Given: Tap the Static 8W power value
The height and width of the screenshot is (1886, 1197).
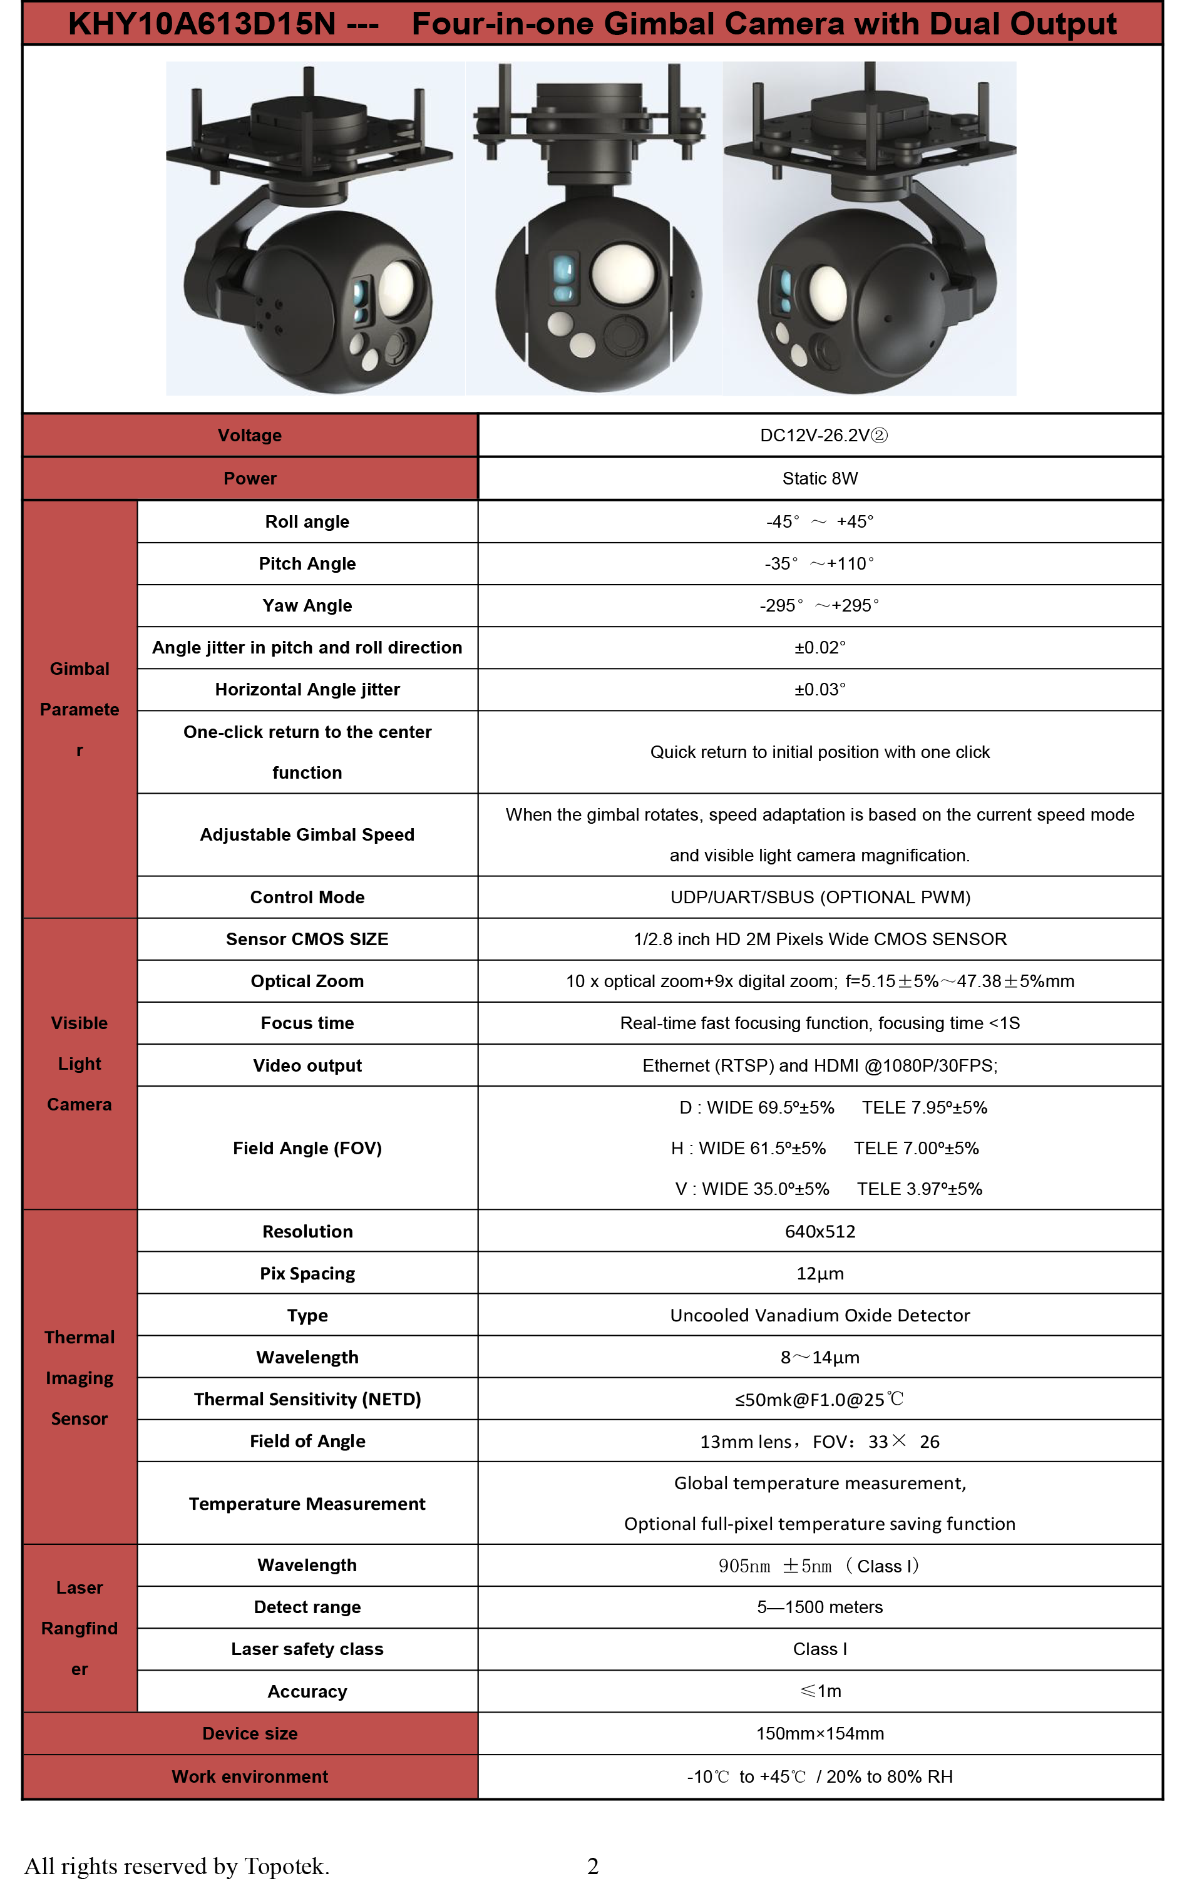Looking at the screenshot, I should [x=819, y=479].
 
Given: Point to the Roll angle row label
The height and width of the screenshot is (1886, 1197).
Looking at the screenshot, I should [x=307, y=521].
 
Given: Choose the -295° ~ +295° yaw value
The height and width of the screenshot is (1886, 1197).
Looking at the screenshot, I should [x=819, y=605].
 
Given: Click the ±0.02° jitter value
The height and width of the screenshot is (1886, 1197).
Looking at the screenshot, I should [x=819, y=648].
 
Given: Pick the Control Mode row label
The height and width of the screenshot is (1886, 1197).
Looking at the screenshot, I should [x=307, y=897].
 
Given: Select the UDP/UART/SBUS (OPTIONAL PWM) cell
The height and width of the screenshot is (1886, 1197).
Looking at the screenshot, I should [x=819, y=897].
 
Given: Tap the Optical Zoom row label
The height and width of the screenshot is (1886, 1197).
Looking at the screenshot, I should [x=307, y=981].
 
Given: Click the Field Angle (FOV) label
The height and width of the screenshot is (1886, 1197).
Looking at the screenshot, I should [x=307, y=1148].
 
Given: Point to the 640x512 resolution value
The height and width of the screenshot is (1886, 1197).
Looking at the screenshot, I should [x=819, y=1231].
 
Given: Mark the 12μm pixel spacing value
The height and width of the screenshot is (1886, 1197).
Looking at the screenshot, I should [x=819, y=1274].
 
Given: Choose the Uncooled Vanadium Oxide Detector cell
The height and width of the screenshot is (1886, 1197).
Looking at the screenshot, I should [x=819, y=1315].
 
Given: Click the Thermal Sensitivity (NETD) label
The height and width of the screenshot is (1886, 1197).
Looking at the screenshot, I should [x=307, y=1399].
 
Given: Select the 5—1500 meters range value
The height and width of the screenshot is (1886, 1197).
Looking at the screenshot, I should [x=819, y=1607].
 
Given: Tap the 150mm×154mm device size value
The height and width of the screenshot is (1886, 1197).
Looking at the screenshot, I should [x=819, y=1733].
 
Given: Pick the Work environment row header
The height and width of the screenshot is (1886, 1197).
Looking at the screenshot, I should [x=250, y=1776].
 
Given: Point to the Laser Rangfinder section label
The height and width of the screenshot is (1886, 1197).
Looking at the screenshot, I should [x=79, y=1627].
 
